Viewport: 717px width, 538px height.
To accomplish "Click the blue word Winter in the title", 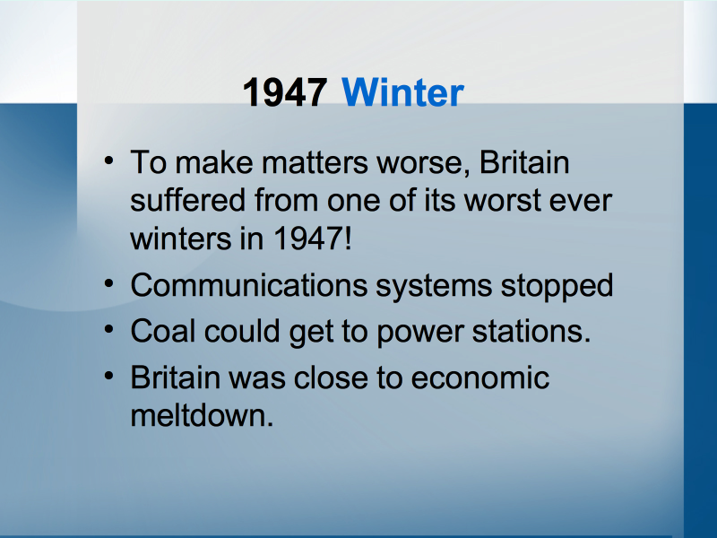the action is pos(402,92).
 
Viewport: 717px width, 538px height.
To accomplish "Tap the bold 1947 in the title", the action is pos(285,92).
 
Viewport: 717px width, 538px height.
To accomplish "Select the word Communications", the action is pos(249,285).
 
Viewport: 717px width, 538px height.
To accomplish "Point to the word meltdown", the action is pos(202,415).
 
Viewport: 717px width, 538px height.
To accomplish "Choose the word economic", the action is pos(480,377).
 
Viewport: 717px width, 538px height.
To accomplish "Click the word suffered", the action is pos(188,200).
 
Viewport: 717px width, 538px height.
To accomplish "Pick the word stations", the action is pos(531,331).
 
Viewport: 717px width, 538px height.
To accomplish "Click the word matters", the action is pos(315,163).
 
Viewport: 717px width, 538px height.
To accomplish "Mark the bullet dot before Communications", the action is pos(108,284).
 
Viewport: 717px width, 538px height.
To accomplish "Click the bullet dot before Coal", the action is pos(108,329).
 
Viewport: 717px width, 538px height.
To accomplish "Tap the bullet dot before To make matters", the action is pos(108,161).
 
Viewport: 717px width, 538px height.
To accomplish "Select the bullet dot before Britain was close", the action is pos(108,376).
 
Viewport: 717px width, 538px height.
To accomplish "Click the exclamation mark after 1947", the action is pos(349,239).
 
